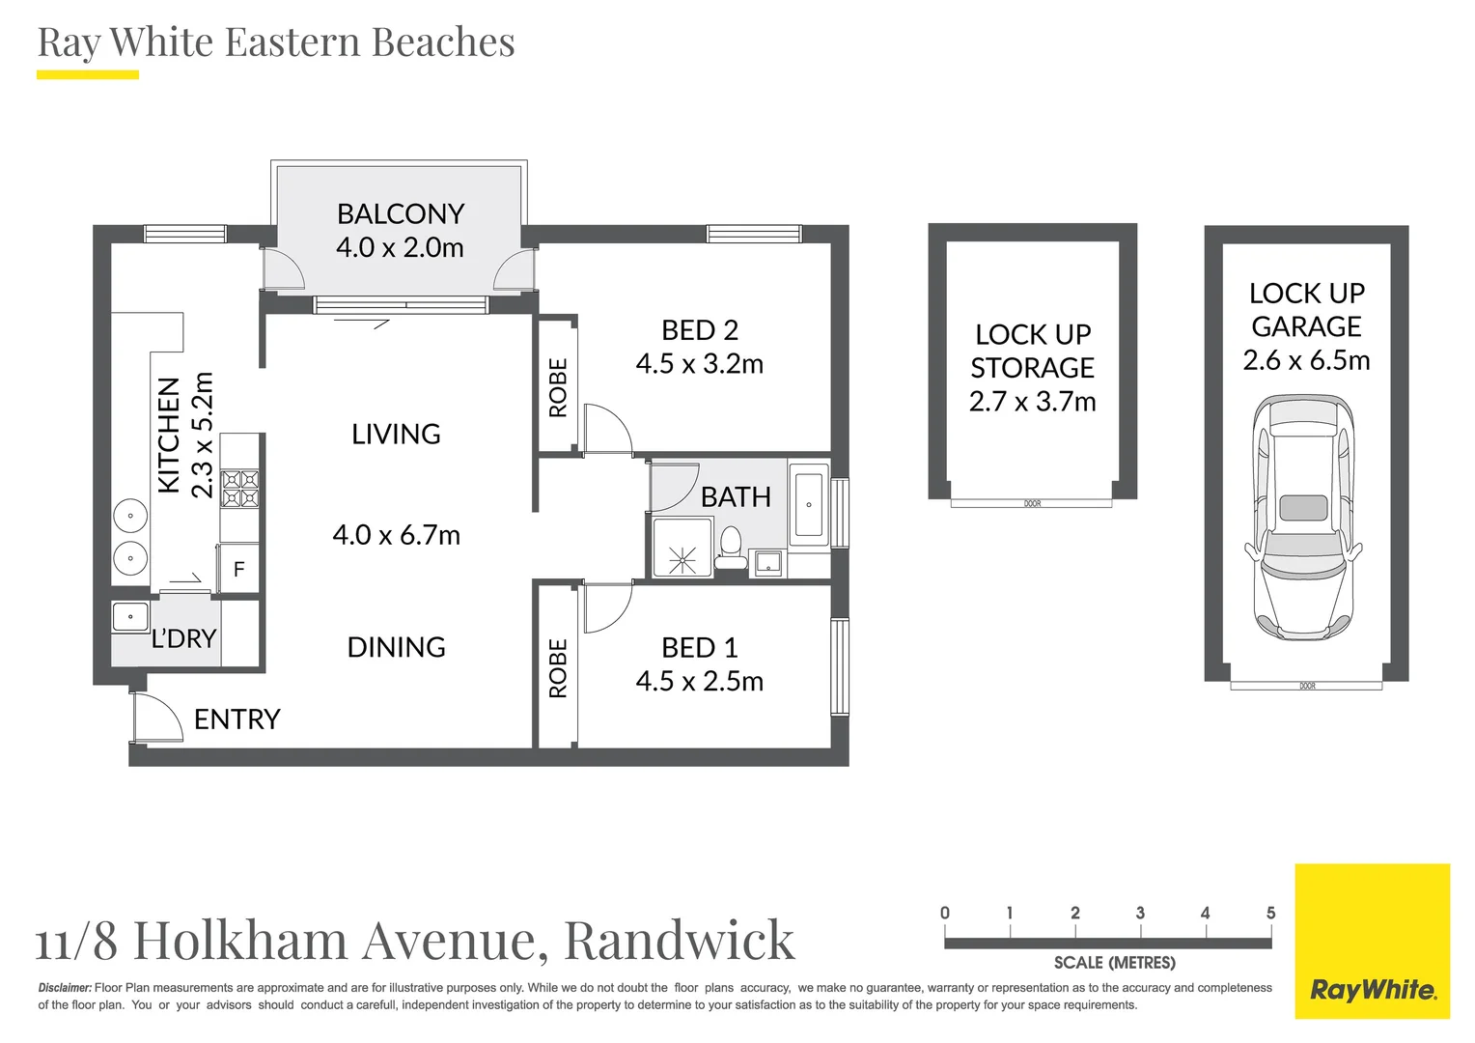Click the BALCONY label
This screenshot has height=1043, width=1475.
point(400,213)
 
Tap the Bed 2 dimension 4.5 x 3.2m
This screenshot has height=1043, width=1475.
point(699,364)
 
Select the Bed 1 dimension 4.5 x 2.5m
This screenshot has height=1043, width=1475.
point(699,682)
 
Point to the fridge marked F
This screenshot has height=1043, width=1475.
point(238,570)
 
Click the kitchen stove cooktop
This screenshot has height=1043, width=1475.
point(240,489)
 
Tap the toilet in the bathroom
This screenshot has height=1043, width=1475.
point(731,550)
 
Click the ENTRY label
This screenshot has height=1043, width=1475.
point(237,719)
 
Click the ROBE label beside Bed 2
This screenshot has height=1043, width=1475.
point(558,388)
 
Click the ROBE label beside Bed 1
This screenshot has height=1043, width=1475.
point(558,668)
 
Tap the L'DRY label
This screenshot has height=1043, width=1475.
point(183,638)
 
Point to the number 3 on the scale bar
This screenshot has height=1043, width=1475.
point(1140,914)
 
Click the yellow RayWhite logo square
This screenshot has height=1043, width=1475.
point(1372,941)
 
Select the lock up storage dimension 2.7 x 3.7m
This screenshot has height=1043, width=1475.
point(1032,402)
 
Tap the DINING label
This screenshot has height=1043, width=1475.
point(396,647)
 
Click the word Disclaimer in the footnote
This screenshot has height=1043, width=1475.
point(65,988)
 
